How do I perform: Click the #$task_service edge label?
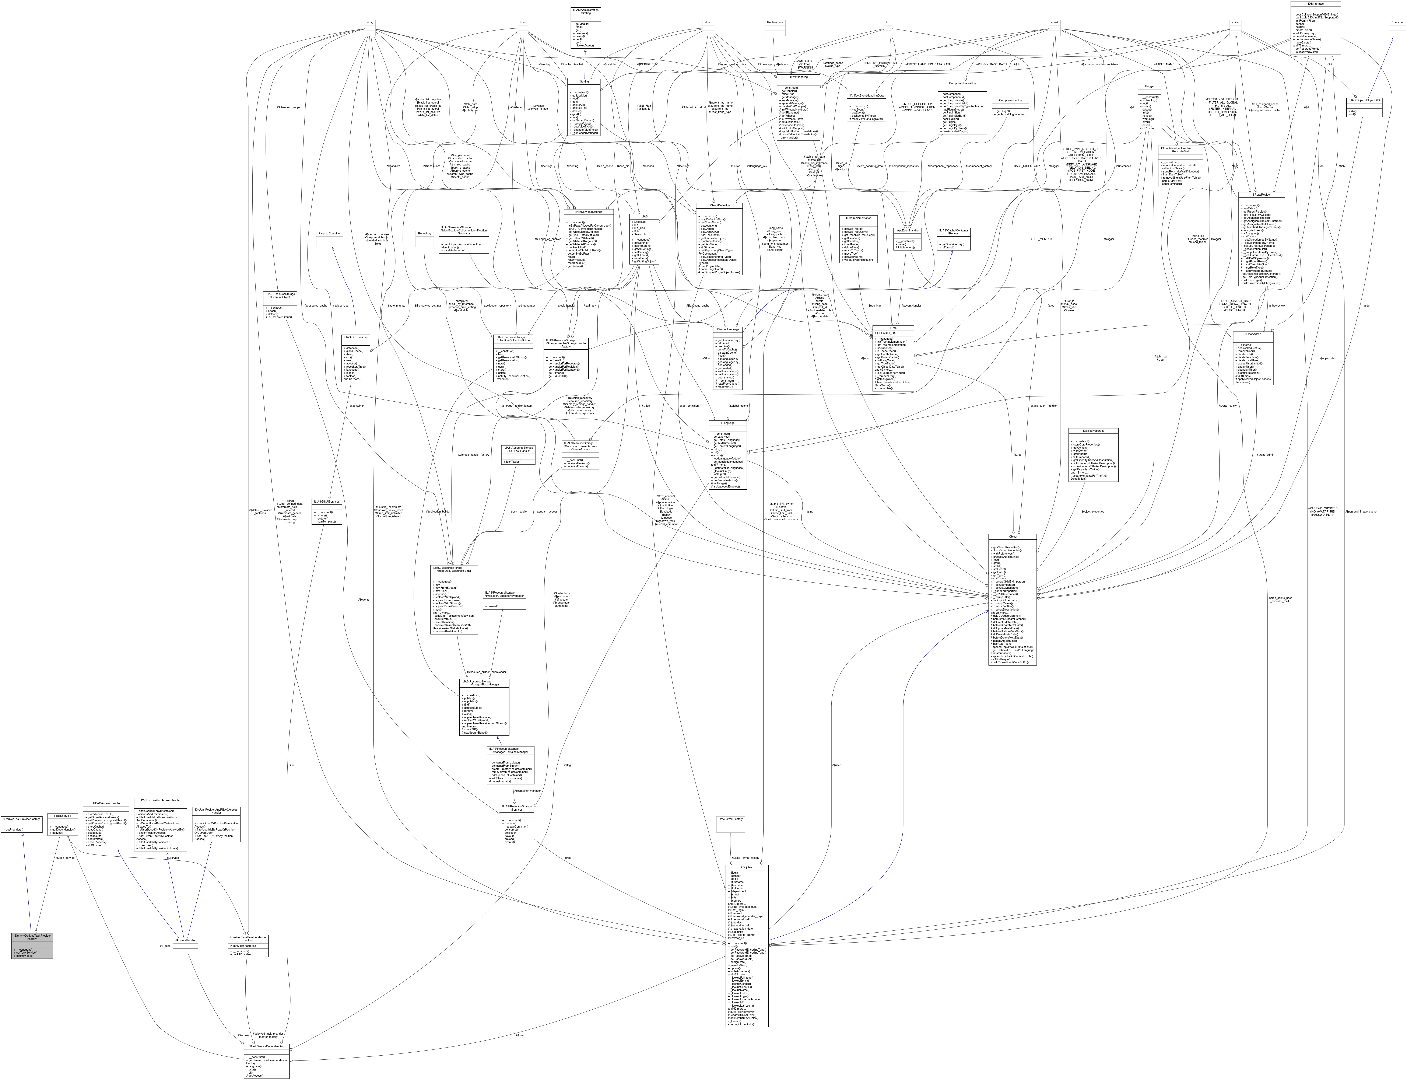65,857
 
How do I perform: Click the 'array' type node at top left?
370,22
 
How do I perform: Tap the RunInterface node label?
775,22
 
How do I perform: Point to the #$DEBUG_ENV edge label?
647,64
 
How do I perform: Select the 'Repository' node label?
424,233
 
